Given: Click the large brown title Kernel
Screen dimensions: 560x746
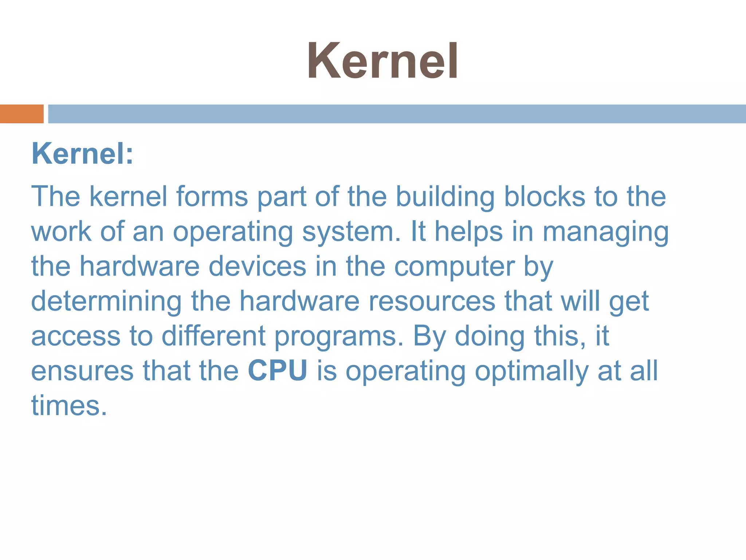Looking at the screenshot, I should [x=382, y=61].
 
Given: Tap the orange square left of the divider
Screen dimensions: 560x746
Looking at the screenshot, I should [x=21, y=114].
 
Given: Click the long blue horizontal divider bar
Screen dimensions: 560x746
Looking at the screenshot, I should [x=397, y=114].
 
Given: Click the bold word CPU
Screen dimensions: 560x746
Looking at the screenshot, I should [x=278, y=370].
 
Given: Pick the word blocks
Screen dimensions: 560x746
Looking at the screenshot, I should [x=545, y=197].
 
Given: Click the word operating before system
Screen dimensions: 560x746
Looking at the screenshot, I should [x=233, y=232].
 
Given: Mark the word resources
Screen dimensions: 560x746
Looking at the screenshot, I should [x=432, y=302].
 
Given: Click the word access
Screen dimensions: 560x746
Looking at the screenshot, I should [x=76, y=336].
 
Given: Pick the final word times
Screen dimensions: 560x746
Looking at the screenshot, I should [x=69, y=405].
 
